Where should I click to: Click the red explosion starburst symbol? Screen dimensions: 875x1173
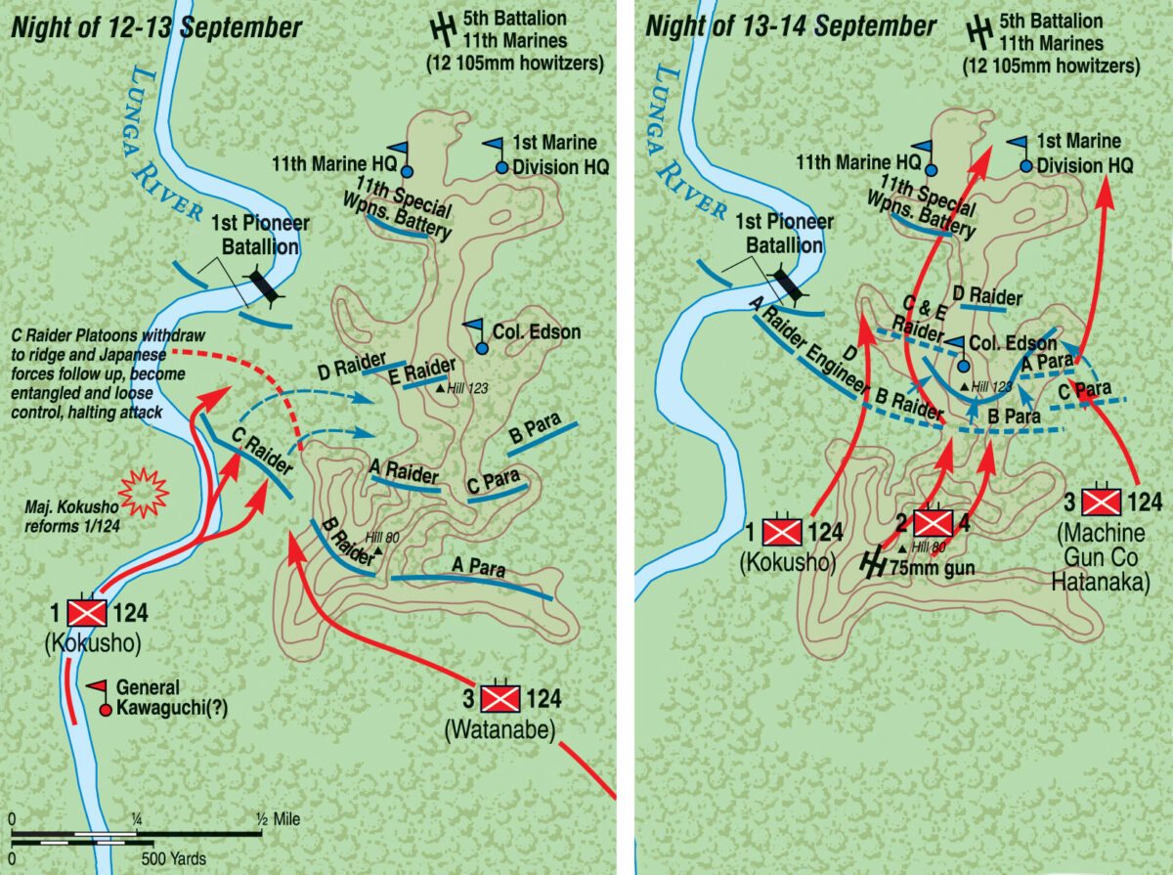pos(144,492)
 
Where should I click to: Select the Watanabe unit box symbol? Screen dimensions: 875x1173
pos(500,699)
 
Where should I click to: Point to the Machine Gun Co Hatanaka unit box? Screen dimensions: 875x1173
pos(1106,503)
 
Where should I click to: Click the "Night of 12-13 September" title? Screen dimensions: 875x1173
pos(156,27)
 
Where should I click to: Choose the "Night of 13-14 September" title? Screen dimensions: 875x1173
pos(791,27)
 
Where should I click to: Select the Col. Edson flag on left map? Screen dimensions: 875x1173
pos(475,328)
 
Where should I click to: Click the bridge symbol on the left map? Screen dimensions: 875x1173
pos(262,286)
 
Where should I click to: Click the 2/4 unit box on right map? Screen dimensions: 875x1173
pos(932,523)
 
